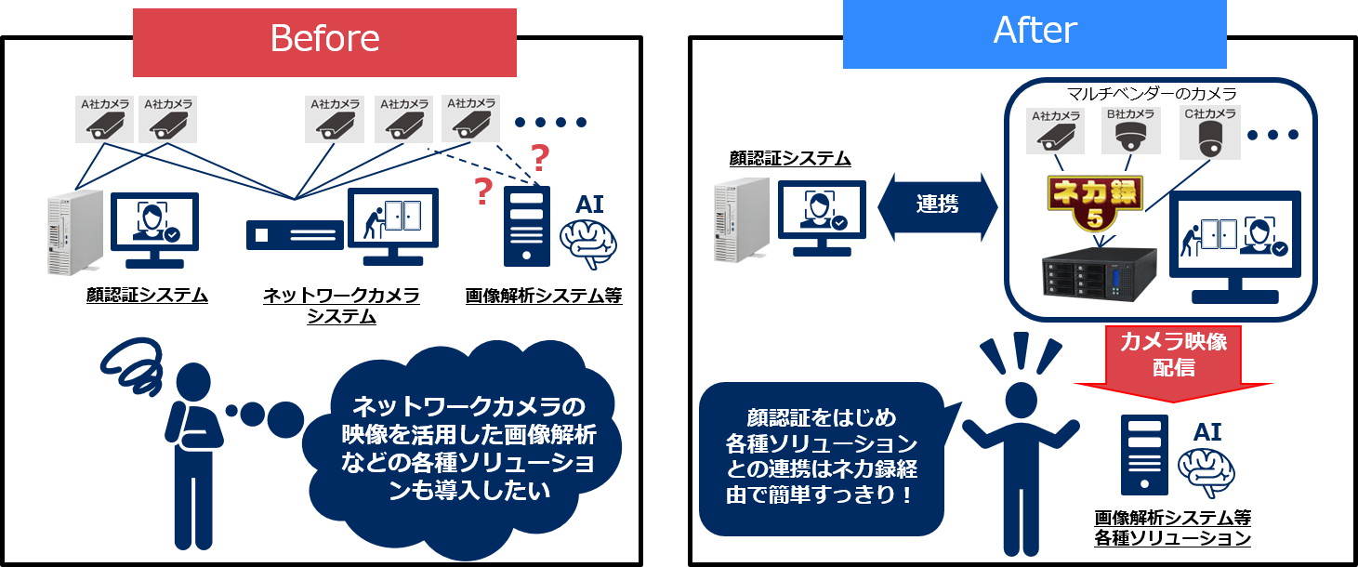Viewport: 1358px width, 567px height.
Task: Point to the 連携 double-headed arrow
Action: coord(937,205)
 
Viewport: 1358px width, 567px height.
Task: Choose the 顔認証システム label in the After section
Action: coord(790,160)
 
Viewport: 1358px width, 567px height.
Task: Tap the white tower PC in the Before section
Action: coord(73,231)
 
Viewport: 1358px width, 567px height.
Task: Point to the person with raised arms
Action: coord(1021,446)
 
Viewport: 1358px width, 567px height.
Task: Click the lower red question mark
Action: coord(482,191)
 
